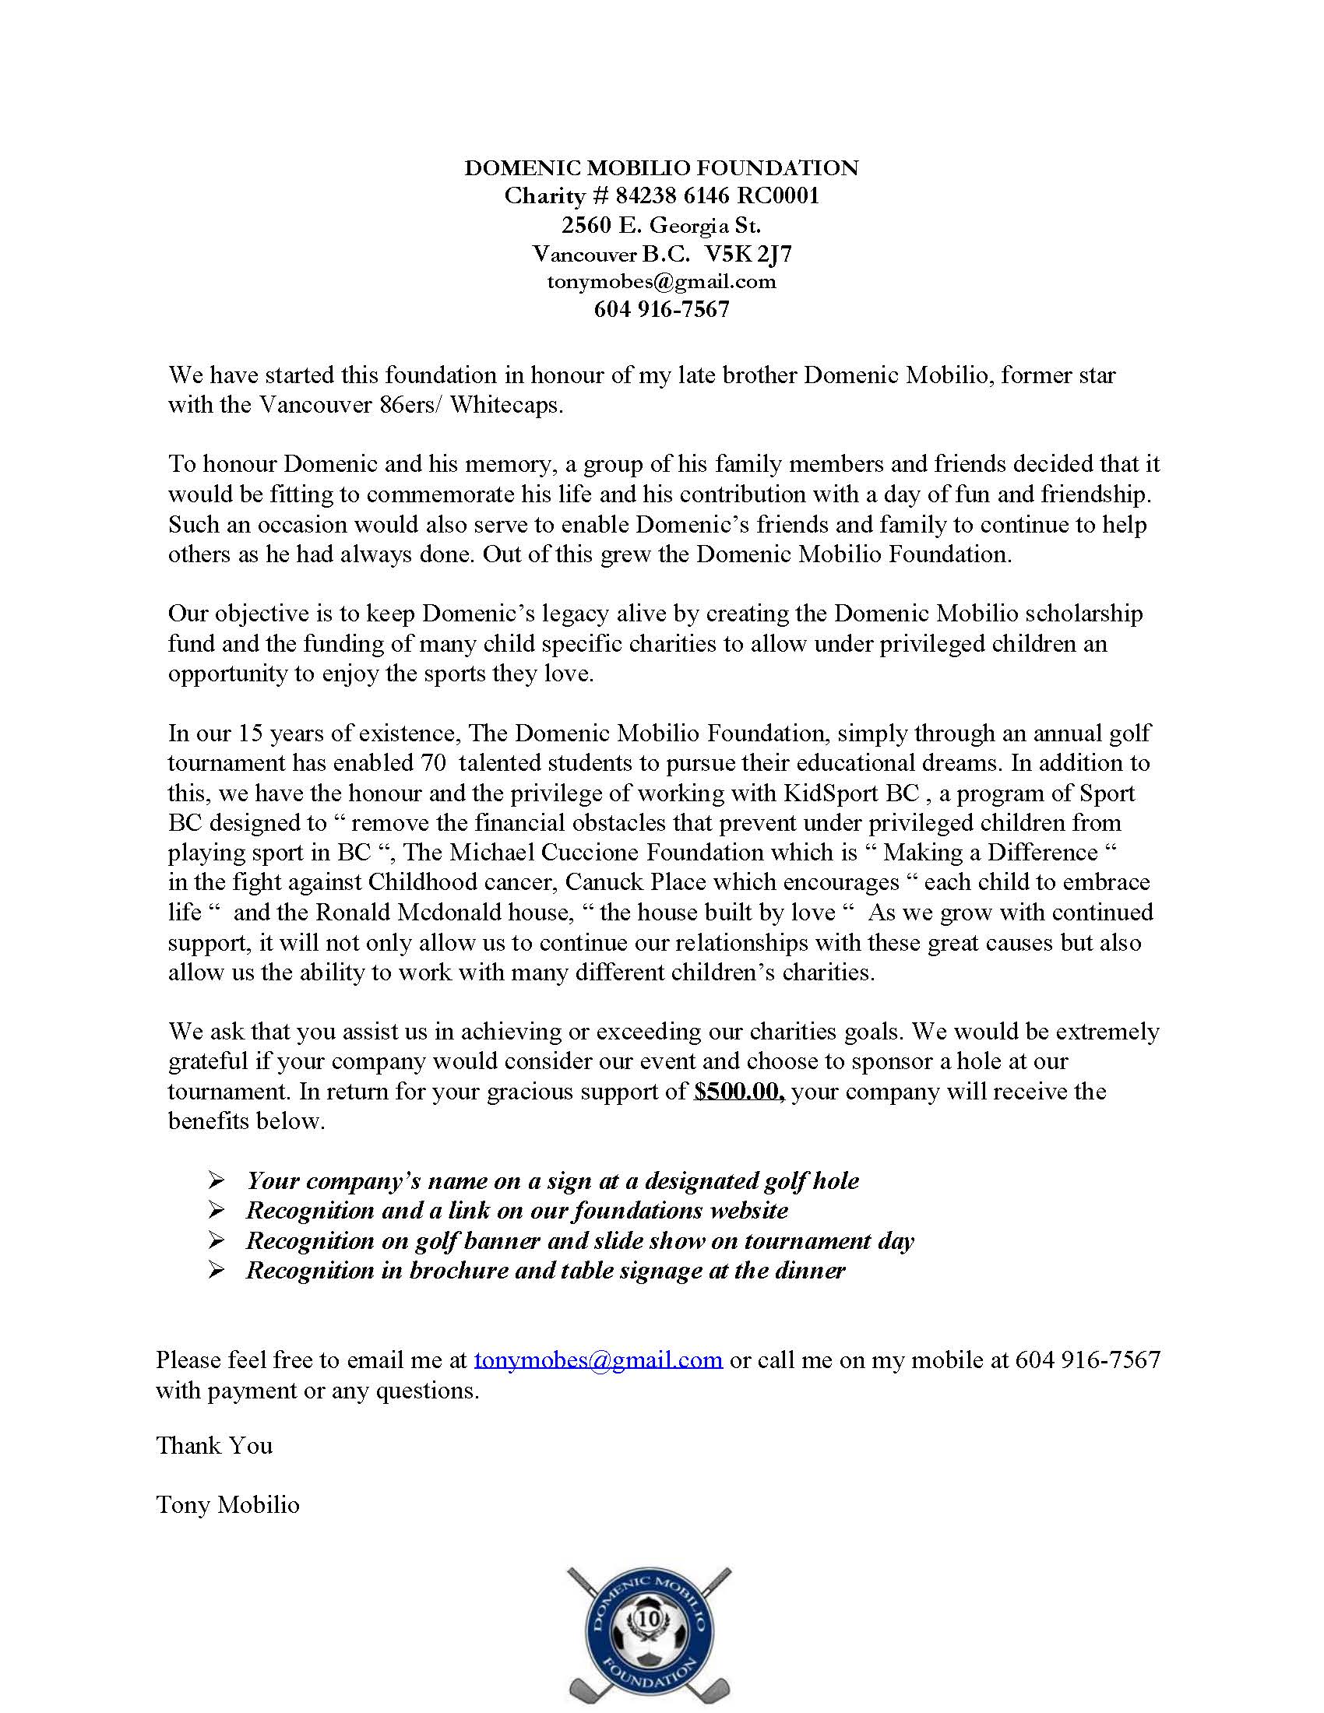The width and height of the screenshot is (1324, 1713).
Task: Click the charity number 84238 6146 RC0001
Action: click(717, 196)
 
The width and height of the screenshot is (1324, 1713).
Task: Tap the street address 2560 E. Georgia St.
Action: click(660, 226)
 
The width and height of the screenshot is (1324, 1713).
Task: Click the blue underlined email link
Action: click(597, 1359)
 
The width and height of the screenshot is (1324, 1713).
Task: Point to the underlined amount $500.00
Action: click(740, 1092)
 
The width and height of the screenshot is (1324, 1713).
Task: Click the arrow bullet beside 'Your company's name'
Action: click(217, 1180)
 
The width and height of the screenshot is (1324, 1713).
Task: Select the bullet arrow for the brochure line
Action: click(217, 1270)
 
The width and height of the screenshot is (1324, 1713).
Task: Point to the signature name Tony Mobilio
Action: click(227, 1504)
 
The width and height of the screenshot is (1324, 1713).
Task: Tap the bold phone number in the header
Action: click(661, 310)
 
